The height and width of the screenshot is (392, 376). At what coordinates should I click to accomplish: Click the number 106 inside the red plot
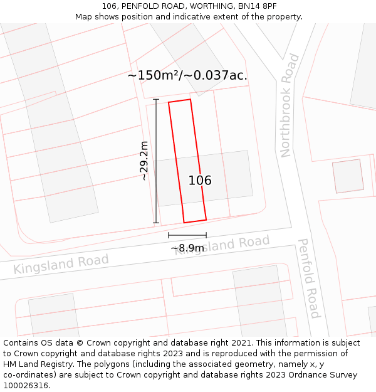click(200, 181)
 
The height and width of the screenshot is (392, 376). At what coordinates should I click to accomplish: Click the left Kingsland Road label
click(61, 264)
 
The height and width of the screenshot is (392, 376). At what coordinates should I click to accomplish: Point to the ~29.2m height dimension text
click(144, 161)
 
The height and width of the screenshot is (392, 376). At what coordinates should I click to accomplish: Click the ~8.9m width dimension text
click(187, 248)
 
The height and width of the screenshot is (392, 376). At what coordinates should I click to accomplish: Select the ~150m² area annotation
click(154, 76)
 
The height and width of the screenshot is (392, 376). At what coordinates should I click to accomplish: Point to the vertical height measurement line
click(156, 161)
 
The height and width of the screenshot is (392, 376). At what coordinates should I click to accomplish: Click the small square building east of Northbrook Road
click(348, 176)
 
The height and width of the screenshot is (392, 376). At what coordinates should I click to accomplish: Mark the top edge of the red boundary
click(179, 100)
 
